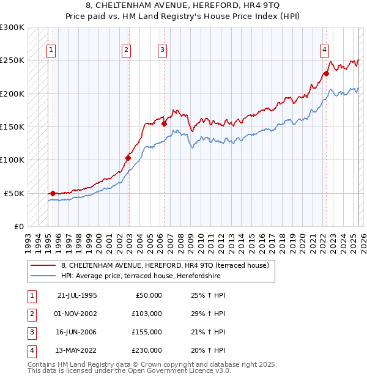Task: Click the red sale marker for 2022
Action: click(x=326, y=73)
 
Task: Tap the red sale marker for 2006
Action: click(x=164, y=123)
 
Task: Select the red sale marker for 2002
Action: click(x=128, y=158)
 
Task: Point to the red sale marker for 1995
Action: click(x=53, y=193)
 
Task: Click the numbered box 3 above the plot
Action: click(x=163, y=50)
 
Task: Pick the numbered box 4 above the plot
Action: click(x=324, y=50)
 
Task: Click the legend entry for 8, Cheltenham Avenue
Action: click(x=168, y=265)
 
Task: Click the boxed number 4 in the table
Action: click(x=31, y=350)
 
